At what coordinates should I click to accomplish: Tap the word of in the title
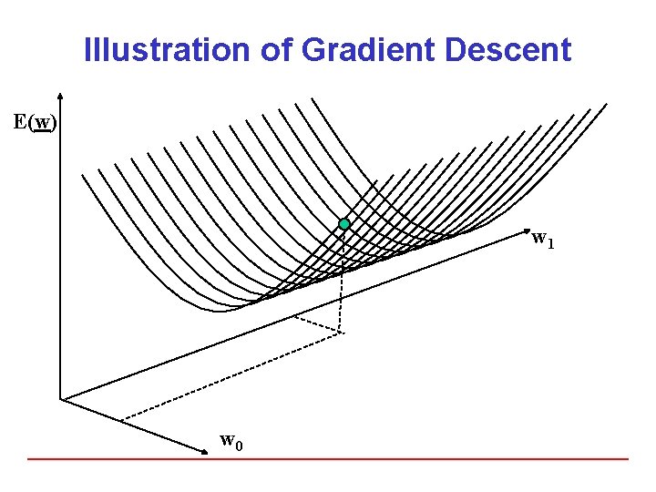click(269, 49)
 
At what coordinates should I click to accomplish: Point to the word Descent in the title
click(508, 49)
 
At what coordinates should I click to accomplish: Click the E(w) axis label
click(36, 122)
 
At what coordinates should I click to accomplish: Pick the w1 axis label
click(542, 240)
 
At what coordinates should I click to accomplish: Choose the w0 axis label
click(231, 442)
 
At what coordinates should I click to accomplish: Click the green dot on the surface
click(344, 224)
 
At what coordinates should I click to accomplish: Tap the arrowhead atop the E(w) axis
click(59, 94)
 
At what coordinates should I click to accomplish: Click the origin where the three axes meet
click(60, 398)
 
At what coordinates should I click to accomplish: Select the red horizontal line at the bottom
click(328, 458)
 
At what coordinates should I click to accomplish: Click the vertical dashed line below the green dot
click(342, 282)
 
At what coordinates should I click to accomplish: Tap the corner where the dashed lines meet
click(341, 333)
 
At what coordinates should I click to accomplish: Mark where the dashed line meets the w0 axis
click(122, 419)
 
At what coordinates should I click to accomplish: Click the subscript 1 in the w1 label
click(550, 244)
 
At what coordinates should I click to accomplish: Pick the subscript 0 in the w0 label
click(238, 446)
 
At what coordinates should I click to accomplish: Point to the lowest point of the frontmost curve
click(219, 311)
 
